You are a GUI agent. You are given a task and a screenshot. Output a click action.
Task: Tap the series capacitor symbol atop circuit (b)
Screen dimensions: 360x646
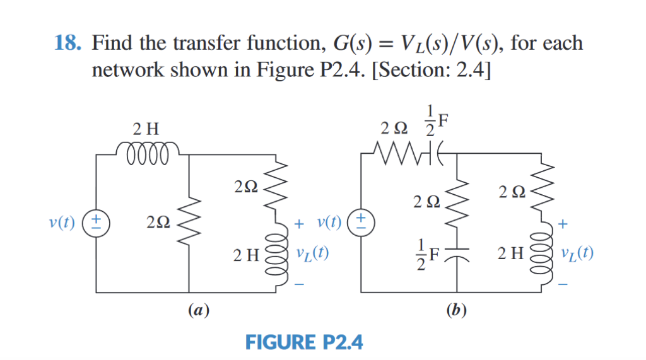[428, 152]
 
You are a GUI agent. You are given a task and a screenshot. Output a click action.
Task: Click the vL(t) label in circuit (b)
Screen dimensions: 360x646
[576, 255]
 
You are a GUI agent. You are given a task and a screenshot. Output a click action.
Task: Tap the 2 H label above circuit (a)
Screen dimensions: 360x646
[146, 129]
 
